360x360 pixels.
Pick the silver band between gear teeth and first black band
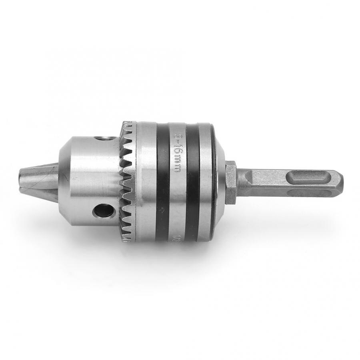point(146,182)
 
